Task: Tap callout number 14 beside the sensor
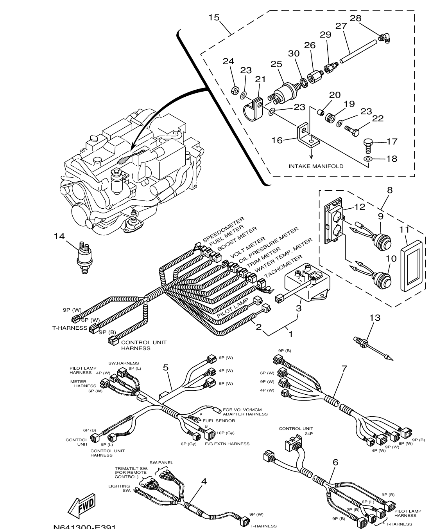tap(59, 236)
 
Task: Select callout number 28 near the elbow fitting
tap(355, 18)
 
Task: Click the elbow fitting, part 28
tap(384, 38)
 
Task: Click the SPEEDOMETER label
tap(223, 229)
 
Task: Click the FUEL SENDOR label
tap(219, 421)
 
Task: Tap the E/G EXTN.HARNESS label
tap(227, 444)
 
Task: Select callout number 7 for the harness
tap(344, 368)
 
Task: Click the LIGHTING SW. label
tap(120, 488)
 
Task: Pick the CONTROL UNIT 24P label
tap(296, 431)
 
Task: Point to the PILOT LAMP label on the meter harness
tap(232, 309)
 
